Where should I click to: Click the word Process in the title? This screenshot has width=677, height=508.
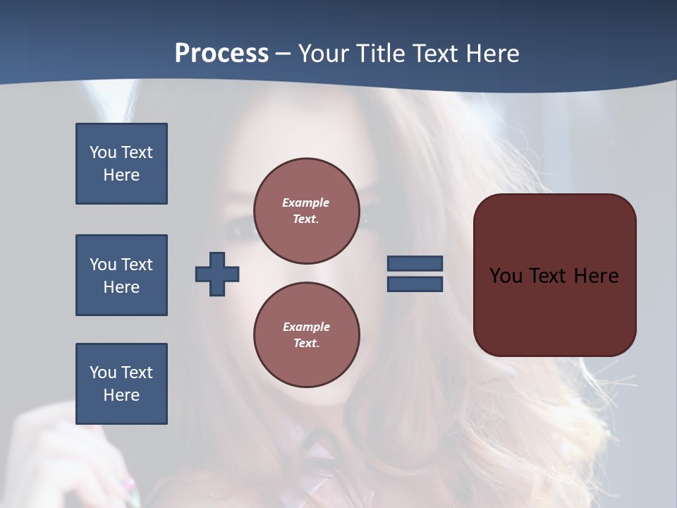coord(221,54)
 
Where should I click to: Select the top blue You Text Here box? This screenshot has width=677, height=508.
coord(121,164)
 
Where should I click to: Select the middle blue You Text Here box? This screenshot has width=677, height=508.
coord(121,275)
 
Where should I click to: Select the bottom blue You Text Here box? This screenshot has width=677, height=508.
coord(121,384)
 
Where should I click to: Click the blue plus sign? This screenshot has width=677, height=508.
coord(217,274)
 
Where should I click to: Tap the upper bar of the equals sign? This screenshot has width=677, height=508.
coord(415,263)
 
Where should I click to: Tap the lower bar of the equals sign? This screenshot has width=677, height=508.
coord(415,284)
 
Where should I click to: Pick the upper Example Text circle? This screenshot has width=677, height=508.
coord(306,211)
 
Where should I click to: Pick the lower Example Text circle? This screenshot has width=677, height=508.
coord(306,334)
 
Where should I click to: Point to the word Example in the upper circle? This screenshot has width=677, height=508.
coord(305,202)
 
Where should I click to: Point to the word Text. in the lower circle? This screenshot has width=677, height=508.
coord(306,344)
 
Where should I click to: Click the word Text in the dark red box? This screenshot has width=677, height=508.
coord(547,276)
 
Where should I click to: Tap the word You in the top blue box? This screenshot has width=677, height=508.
coord(102,152)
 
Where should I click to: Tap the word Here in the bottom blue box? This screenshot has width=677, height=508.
coord(121,395)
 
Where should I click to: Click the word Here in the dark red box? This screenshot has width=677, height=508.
coord(596,276)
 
